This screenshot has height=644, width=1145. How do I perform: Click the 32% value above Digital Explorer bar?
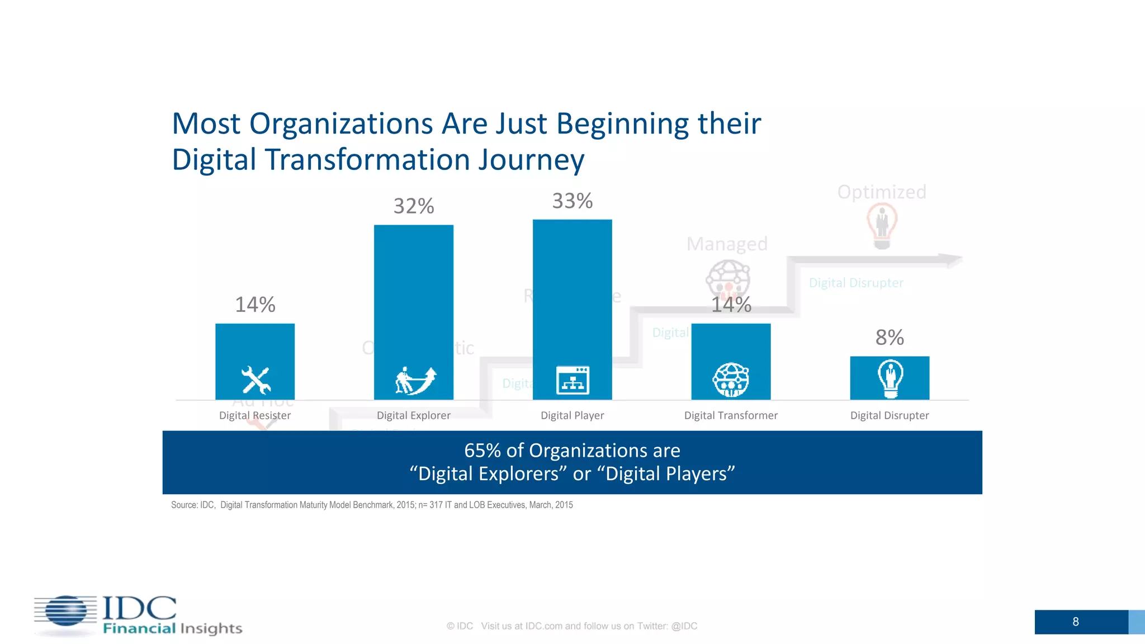(414, 206)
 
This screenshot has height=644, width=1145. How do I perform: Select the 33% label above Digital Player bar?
(572, 201)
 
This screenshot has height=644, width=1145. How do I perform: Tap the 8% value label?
(889, 338)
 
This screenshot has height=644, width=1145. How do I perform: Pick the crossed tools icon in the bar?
(256, 380)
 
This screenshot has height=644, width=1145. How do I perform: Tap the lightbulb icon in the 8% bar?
(890, 378)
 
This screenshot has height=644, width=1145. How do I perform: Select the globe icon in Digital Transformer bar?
(731, 380)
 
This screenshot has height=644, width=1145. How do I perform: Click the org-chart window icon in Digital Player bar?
(572, 380)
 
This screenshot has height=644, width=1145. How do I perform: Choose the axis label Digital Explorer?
(414, 415)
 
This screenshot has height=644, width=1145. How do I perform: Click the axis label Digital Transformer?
(731, 415)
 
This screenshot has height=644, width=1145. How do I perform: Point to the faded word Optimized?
(882, 192)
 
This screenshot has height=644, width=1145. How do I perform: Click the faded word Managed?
(727, 244)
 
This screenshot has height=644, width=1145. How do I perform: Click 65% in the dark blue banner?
(482, 451)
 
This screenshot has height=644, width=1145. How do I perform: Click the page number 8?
(1076, 622)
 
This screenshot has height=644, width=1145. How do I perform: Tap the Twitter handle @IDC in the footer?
(684, 626)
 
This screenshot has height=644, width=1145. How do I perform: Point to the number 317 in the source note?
(436, 505)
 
